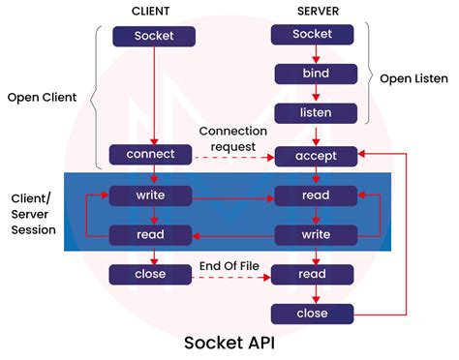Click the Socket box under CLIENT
point(154,37)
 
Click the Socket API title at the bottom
point(229,343)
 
